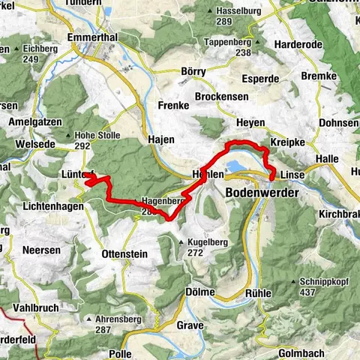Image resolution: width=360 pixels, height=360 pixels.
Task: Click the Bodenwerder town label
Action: (x=262, y=193)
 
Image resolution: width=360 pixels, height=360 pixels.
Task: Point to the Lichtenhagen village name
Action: (x=54, y=205)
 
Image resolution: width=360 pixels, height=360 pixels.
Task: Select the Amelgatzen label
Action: (x=35, y=121)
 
